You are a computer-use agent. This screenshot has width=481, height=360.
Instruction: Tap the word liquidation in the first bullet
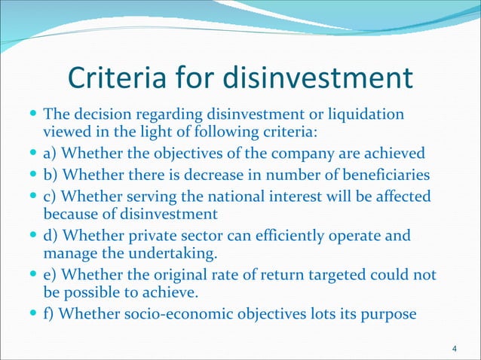tap(366, 116)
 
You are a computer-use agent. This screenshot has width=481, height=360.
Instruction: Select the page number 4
tap(453, 347)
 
